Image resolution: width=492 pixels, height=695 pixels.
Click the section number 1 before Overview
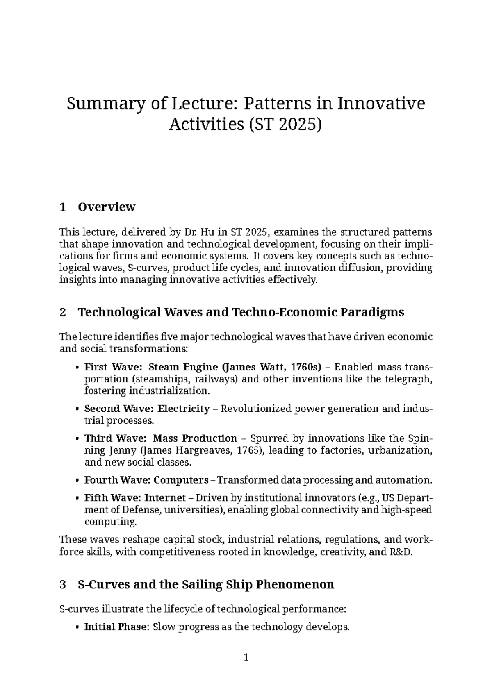pos(62,207)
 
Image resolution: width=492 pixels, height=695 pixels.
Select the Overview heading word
pos(106,207)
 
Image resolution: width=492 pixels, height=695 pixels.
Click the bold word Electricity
pos(183,409)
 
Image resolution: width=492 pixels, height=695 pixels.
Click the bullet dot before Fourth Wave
pos(77,480)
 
